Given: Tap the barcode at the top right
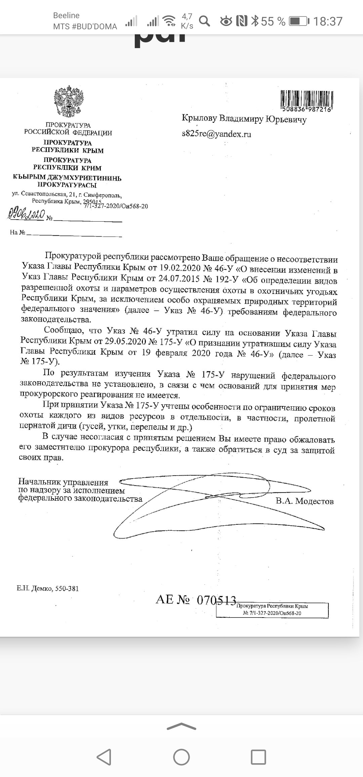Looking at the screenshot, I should pyautogui.click(x=306, y=100).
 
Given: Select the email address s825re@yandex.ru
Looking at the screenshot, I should pyautogui.click(x=216, y=134).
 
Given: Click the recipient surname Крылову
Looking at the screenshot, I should pyautogui.click(x=199, y=118).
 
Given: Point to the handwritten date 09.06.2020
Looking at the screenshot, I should pyautogui.click(x=26, y=214).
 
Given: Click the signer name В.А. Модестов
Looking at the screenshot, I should pyautogui.click(x=305, y=501).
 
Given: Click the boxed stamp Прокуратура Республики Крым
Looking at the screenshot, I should pyautogui.click(x=272, y=609).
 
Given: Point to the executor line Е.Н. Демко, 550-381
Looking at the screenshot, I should pyautogui.click(x=48, y=588).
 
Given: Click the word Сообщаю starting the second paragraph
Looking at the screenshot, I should pyautogui.click(x=64, y=330).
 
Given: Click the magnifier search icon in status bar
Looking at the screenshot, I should pyautogui.click(x=204, y=21).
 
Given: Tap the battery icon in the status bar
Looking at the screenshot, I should pyautogui.click(x=299, y=21).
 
